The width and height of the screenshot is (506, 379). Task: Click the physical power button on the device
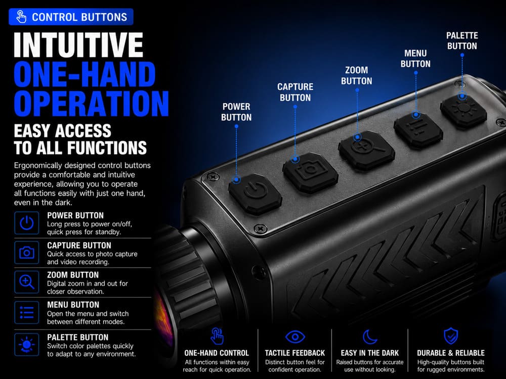(x=255, y=194)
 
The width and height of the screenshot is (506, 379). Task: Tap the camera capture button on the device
(x=311, y=172)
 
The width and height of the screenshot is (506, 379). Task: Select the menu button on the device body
(x=418, y=129)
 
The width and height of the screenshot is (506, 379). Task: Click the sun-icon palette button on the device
(x=463, y=111)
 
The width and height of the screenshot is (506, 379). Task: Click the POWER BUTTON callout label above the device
(x=236, y=112)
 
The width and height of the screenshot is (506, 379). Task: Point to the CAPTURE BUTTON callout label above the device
(x=296, y=92)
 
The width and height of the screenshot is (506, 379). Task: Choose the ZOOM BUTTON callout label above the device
(x=357, y=75)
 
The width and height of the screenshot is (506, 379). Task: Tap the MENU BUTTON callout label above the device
(x=415, y=58)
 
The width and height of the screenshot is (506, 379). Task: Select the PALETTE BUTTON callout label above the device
(x=462, y=40)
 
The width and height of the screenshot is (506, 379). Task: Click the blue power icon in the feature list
(x=27, y=223)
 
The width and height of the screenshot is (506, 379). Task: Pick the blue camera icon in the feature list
(x=27, y=252)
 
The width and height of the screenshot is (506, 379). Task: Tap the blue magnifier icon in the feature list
(x=27, y=282)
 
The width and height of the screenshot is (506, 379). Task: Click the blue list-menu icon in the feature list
(x=27, y=312)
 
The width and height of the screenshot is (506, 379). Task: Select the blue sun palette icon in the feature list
(x=27, y=345)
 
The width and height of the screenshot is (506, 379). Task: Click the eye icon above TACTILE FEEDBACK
(x=295, y=337)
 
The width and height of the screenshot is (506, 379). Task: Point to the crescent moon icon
(x=370, y=337)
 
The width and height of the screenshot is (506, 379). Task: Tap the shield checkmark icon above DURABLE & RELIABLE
(x=451, y=336)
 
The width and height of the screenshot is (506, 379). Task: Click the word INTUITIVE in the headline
(x=78, y=45)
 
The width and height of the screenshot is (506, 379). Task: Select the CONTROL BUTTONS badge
(x=71, y=17)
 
